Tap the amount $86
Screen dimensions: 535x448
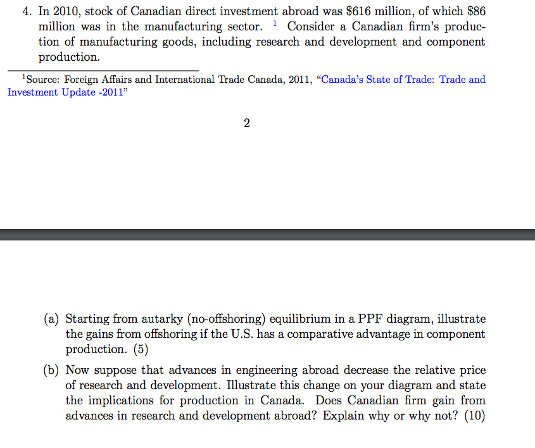pos(475,11)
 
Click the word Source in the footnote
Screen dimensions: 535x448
pos(41,80)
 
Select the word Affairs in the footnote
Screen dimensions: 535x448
pos(111,80)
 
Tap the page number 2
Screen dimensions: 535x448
pos(246,123)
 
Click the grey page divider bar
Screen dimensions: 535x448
pos(267,235)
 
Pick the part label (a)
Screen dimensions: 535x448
pos(53,319)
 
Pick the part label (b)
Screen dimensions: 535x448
pos(53,370)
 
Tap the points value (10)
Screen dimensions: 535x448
pos(475,416)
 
